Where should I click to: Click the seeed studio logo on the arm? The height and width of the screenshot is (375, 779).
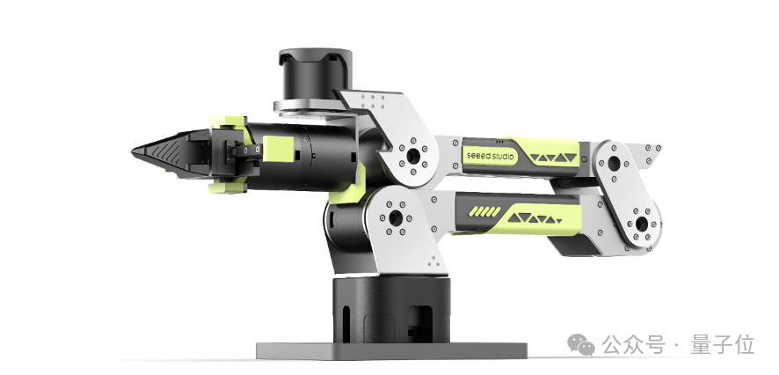491,156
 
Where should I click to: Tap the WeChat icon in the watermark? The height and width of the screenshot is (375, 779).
582,344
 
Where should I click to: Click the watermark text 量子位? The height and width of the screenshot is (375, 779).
723,345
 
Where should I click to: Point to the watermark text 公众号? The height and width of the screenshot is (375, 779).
633,345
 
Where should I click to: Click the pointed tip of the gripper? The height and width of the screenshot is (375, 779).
133,151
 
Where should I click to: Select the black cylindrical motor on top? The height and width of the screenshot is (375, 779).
316,74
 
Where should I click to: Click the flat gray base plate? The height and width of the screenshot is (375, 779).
391,350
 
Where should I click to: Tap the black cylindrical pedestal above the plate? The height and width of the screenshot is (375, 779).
391,311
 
